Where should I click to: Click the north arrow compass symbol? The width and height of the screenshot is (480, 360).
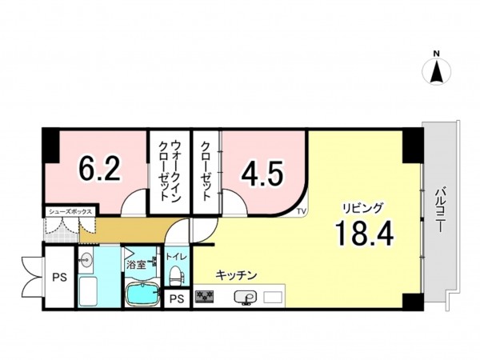point(437,73)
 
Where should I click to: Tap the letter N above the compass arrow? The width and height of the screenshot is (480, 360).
point(437,54)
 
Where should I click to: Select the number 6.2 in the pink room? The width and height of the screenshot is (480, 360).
point(99,170)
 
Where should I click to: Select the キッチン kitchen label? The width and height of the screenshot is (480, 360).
point(236,275)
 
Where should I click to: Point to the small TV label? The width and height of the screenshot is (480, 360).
point(301,211)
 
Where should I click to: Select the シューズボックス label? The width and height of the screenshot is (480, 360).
point(70,211)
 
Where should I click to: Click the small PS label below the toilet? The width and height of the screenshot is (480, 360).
point(176,299)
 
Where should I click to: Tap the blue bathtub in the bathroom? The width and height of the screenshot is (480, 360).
point(145,294)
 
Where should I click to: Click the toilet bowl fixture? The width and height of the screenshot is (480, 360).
point(176,276)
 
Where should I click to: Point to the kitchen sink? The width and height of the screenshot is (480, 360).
point(246,298)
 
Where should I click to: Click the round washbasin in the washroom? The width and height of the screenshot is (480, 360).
point(85,260)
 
